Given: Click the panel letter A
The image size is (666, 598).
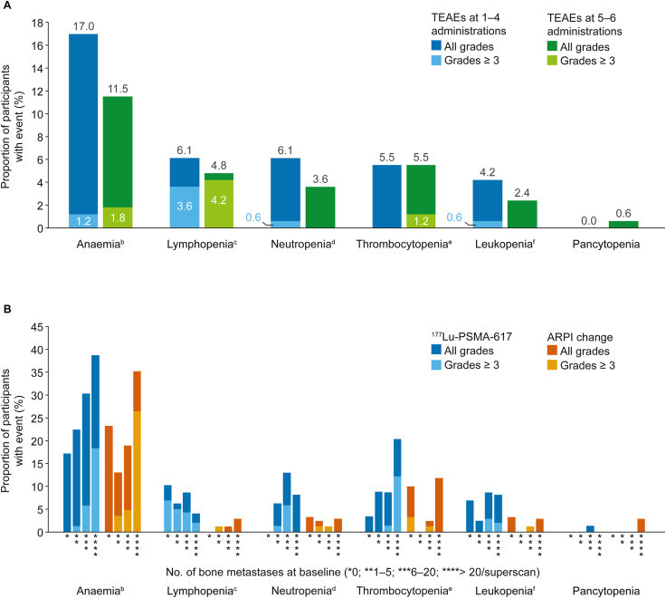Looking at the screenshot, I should pos(6,7).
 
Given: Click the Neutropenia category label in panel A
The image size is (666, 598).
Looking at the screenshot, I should pos(302,246).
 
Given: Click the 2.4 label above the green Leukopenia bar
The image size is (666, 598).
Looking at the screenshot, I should pos(522,193).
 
